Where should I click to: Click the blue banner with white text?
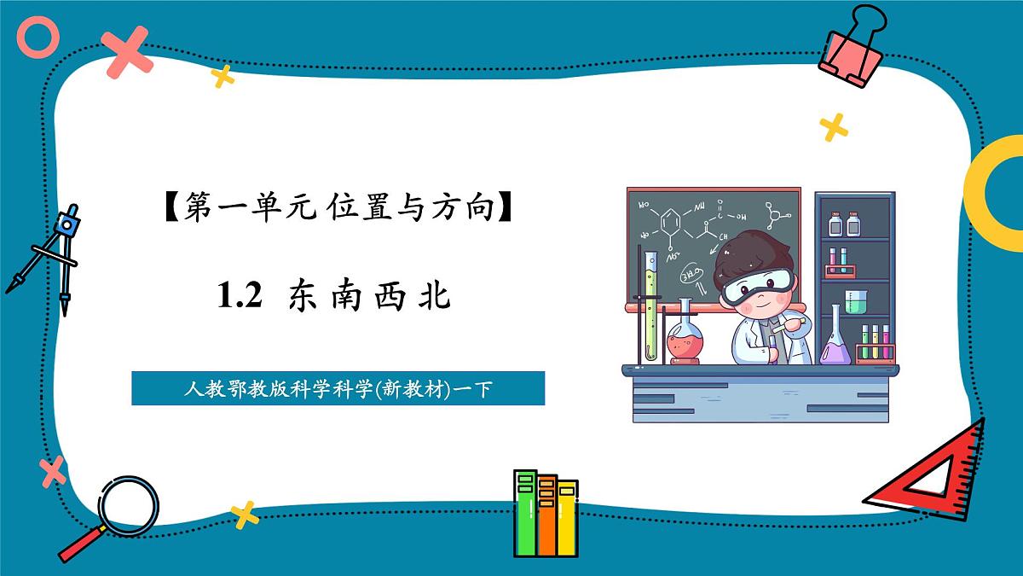point(338,388)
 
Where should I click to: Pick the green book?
point(526,512)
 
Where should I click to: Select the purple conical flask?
point(833,341)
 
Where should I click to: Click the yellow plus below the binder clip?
point(833,127)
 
